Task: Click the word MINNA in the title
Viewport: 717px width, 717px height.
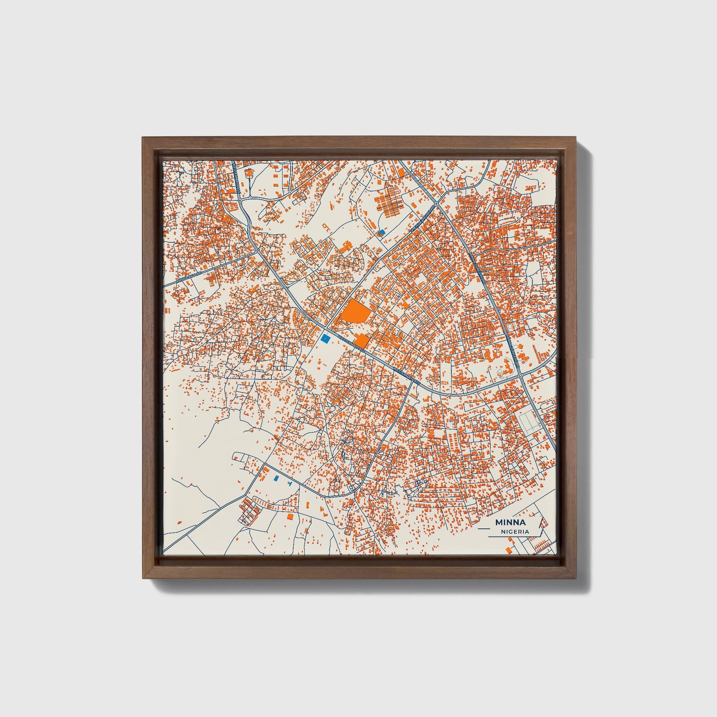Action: point(511,522)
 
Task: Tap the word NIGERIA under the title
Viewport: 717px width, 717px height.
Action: point(515,531)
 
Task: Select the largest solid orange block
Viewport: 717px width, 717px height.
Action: point(355,313)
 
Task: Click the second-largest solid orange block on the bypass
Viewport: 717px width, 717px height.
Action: point(361,341)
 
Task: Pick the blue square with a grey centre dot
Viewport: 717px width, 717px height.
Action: point(325,338)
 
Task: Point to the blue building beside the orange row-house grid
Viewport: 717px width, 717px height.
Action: point(381,232)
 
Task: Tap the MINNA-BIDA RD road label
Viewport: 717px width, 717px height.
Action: point(191,276)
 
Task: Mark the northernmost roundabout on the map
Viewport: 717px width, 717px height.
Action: point(437,202)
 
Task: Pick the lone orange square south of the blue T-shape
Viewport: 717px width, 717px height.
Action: point(290,517)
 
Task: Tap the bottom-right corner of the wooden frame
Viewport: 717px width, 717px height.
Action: point(576,578)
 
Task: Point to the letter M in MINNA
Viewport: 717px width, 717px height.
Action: point(498,522)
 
